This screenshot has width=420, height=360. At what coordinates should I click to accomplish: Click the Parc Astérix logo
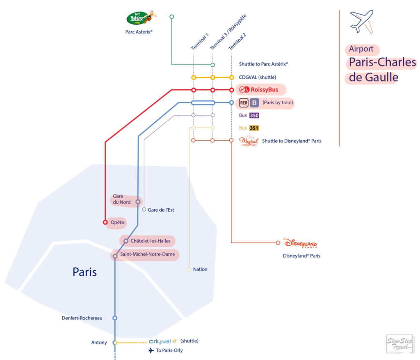(x=141, y=18)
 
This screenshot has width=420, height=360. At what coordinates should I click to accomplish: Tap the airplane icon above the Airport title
(x=361, y=21)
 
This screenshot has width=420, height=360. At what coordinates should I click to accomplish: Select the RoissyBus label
(x=264, y=90)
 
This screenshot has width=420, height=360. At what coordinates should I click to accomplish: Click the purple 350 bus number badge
(x=254, y=115)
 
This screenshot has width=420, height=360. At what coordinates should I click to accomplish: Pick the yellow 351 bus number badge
(x=254, y=128)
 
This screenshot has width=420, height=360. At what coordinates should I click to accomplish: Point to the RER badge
(x=244, y=103)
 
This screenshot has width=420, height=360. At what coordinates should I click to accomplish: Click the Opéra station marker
(x=105, y=222)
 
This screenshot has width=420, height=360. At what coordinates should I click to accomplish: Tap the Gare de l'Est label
(x=161, y=210)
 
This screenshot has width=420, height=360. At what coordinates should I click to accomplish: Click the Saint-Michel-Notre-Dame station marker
(x=115, y=256)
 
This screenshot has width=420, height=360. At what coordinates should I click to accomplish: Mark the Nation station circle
(x=189, y=269)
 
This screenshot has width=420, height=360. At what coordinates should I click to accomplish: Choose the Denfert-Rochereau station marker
(x=115, y=318)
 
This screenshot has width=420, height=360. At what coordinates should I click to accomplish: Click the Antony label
(x=99, y=342)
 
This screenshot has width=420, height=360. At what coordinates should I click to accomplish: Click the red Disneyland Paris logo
(x=300, y=244)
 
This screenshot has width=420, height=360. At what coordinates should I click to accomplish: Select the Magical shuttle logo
(x=249, y=141)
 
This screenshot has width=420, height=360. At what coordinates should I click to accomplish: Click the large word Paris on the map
(x=84, y=272)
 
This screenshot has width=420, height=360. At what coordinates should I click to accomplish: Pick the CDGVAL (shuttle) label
(x=258, y=77)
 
